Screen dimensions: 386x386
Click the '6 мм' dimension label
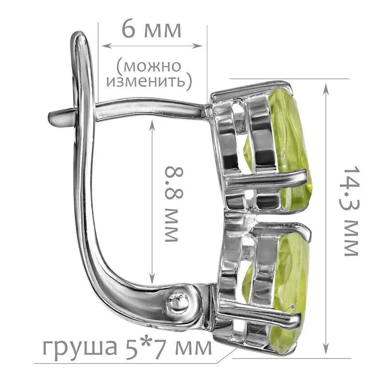152,29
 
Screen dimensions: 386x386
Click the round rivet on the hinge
178,301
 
